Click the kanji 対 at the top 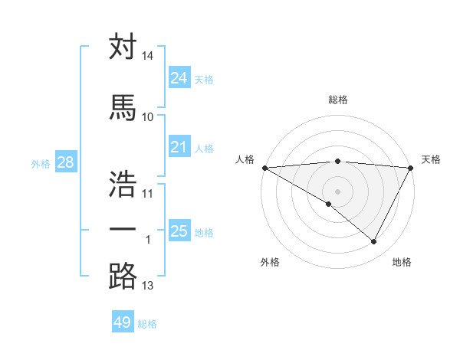coord(123,47)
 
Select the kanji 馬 coord(123,108)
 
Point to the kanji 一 coord(123,231)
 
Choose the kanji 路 coord(123,277)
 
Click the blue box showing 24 coord(179,78)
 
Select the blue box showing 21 coord(179,147)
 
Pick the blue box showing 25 coord(179,231)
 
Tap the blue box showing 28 coord(64,162)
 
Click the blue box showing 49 coord(123,322)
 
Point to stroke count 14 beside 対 coord(148,57)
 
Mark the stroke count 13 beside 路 coord(148,286)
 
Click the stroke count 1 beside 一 coord(148,241)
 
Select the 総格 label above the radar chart coord(337,100)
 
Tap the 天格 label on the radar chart coord(431,159)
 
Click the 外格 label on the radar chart coord(270,262)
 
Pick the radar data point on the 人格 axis coord(264,167)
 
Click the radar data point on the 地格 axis coord(374,242)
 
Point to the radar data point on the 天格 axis coord(411,167)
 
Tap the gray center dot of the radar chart coord(337,191)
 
